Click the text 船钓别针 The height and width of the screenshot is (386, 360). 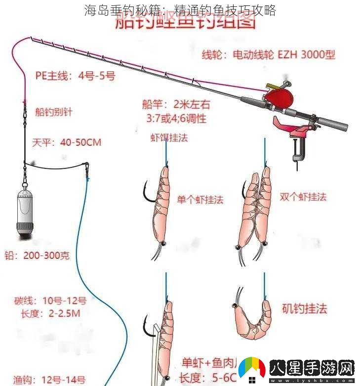tap(54, 112)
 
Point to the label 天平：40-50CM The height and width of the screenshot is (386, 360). tap(67, 142)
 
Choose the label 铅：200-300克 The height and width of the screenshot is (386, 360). tap(37, 256)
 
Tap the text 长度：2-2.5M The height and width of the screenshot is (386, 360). tap(50, 313)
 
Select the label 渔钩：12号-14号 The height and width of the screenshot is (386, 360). tap(49, 380)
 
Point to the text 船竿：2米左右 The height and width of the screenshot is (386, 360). tap(175, 104)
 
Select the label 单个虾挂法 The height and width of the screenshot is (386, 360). tap(200, 199)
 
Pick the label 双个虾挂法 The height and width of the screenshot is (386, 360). tap(303, 196)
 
